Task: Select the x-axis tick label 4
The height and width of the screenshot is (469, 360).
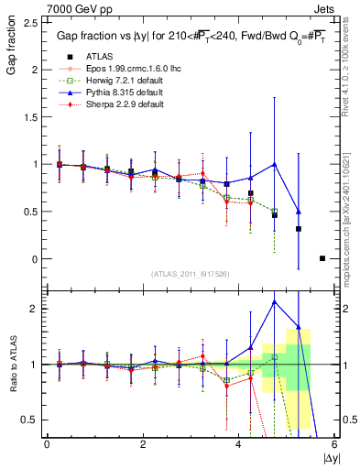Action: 238,444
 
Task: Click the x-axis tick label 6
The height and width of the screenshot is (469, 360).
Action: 333,444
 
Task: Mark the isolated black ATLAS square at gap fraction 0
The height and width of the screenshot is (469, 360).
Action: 322,258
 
